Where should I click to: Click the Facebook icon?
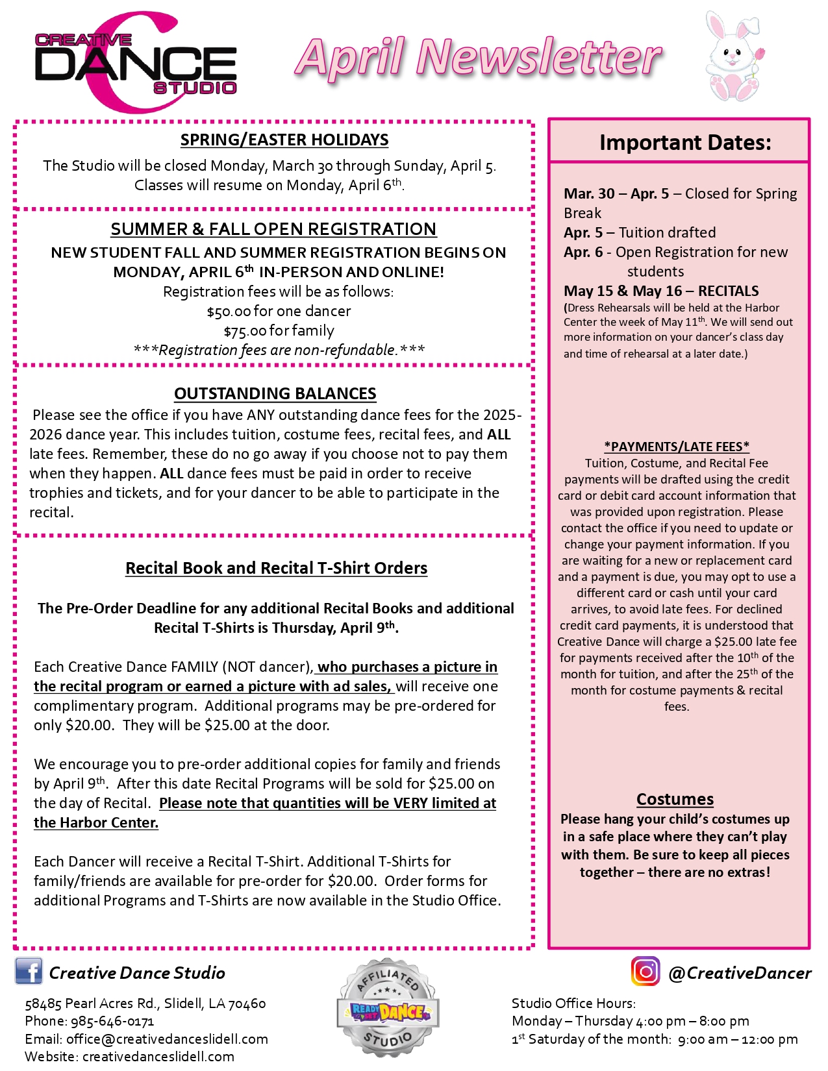pos(29,971)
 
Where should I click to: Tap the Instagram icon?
pos(645,971)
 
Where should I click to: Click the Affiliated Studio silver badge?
pos(388,1007)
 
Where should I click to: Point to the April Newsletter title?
pos(478,57)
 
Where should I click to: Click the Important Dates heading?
pos(685,142)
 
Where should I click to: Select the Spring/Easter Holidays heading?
pos(284,140)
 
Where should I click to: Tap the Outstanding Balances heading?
pos(275,393)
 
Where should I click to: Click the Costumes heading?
pos(675,799)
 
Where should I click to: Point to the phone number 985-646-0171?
pos(112,1021)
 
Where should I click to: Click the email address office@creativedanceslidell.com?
pos(167,1039)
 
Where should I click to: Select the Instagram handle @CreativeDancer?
pos(740,973)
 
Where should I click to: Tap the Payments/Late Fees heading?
pos(677,447)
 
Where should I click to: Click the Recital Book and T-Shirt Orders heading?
pos(276,568)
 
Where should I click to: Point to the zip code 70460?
pos(247,1003)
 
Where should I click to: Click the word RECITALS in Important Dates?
pos(728,291)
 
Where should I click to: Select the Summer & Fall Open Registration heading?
pos(273,229)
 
